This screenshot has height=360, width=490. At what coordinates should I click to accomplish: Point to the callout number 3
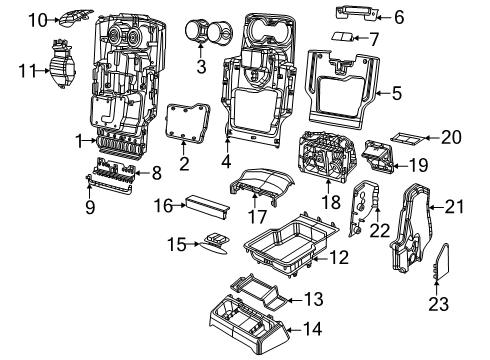click(202, 68)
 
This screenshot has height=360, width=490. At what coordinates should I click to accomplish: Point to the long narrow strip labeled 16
click(206, 205)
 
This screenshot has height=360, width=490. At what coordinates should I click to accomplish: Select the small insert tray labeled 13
click(260, 295)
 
